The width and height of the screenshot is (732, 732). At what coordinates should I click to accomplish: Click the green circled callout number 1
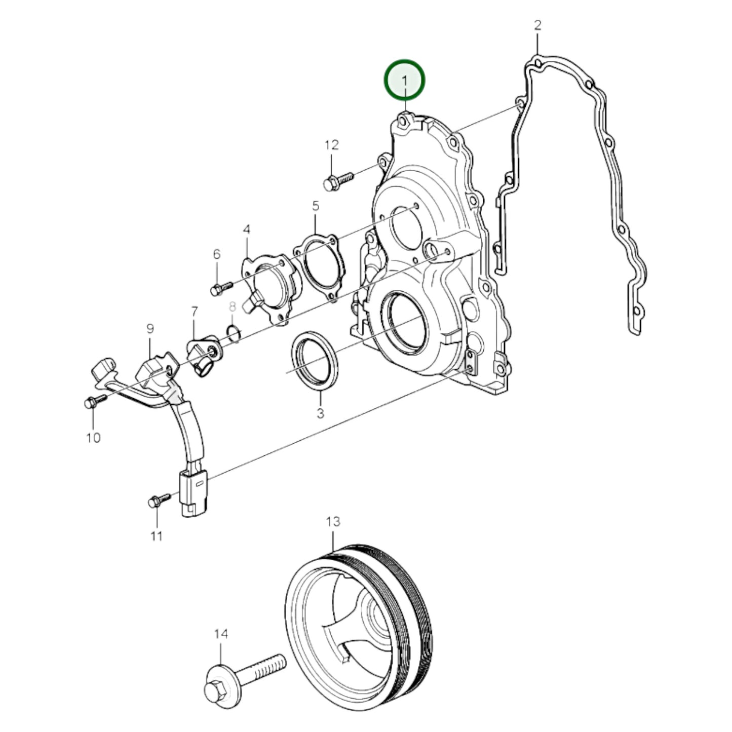(x=404, y=81)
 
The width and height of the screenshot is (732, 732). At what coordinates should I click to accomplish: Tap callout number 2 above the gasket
(x=537, y=25)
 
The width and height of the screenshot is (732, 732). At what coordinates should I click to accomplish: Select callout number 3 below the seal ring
(x=320, y=413)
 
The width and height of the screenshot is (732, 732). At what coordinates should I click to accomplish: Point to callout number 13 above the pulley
(x=333, y=522)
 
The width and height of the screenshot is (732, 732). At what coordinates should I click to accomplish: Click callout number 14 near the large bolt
(x=221, y=634)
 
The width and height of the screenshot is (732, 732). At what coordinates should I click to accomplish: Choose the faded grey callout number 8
(x=233, y=306)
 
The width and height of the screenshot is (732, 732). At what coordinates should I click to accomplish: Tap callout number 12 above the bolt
(x=331, y=145)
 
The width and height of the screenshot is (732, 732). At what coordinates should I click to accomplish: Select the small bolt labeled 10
(x=95, y=401)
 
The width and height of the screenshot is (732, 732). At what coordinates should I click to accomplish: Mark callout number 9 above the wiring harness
(x=149, y=329)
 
